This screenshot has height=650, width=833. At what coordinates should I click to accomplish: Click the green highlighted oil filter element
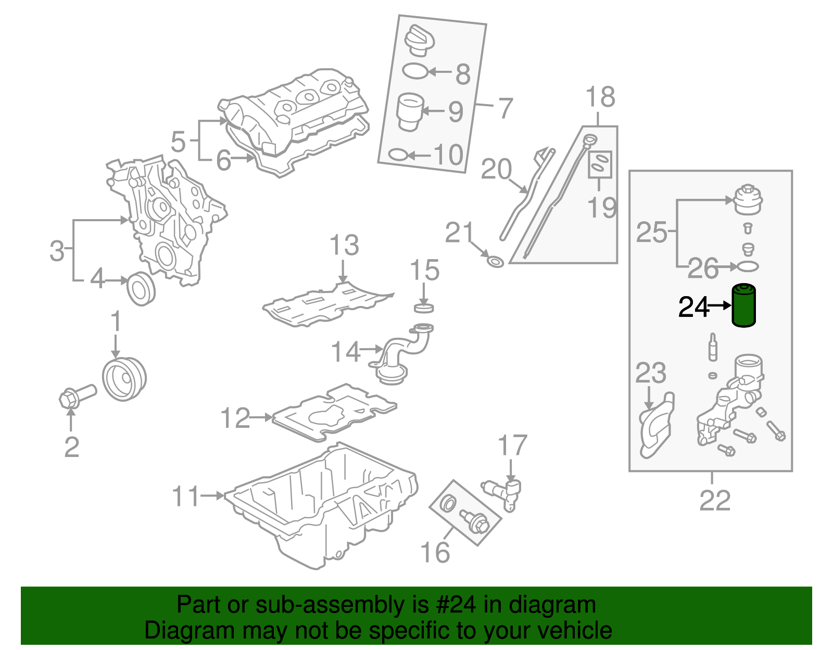click(x=744, y=306)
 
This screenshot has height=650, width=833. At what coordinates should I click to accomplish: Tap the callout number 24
click(x=694, y=307)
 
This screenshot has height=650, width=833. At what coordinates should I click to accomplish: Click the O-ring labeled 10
click(x=398, y=155)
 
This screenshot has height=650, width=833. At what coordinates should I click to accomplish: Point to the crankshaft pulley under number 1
click(x=124, y=379)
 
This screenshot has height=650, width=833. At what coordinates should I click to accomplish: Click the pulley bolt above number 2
click(x=77, y=397)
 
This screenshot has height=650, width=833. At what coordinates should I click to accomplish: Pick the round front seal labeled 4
click(x=141, y=288)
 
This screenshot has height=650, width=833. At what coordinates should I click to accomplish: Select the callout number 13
click(x=344, y=245)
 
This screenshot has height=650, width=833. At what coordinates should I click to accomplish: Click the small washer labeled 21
click(x=495, y=261)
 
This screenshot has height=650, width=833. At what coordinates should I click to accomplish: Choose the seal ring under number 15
click(x=424, y=309)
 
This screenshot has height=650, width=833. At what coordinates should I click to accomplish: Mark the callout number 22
click(x=715, y=500)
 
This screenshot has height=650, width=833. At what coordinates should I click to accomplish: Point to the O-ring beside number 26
click(x=748, y=266)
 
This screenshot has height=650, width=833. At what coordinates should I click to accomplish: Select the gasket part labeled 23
click(x=656, y=427)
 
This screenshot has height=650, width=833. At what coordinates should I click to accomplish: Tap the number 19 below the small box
click(x=602, y=207)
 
